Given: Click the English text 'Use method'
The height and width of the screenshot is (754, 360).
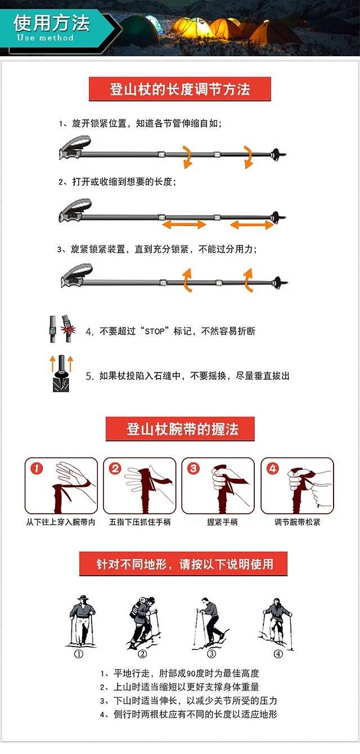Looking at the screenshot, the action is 45,37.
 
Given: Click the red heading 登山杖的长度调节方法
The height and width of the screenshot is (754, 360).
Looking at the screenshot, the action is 180,89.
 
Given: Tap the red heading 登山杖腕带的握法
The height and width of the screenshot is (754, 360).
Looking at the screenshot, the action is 180,429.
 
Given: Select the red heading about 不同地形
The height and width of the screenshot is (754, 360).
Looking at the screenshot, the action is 183,563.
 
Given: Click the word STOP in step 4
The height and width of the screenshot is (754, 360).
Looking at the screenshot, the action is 155,331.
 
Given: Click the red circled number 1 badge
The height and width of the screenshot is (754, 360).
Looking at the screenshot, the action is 37,468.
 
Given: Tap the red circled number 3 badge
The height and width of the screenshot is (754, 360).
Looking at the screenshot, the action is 193,468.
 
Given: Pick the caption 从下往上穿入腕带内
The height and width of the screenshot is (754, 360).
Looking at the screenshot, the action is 61,522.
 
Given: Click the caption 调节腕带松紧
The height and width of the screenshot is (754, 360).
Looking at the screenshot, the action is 297,522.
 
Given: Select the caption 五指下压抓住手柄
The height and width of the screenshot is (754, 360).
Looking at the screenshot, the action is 139,522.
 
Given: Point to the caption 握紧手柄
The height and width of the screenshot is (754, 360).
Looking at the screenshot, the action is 222,522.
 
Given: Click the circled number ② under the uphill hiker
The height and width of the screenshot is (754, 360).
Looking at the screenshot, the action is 142,654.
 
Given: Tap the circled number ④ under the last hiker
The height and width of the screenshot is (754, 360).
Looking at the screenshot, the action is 278,654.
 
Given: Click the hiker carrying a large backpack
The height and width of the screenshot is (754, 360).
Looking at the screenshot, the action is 143,623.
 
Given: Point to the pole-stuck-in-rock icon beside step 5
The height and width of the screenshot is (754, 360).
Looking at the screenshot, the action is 61,374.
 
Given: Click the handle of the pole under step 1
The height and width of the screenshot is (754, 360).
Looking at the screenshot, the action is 75,148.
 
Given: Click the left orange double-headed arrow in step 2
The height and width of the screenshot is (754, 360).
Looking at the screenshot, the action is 184,224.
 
